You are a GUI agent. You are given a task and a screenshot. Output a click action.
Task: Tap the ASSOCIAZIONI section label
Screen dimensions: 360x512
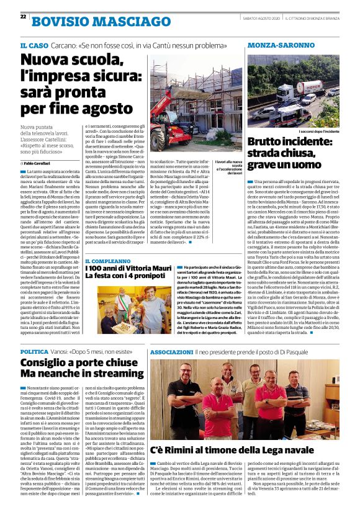(x=171, y=351)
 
